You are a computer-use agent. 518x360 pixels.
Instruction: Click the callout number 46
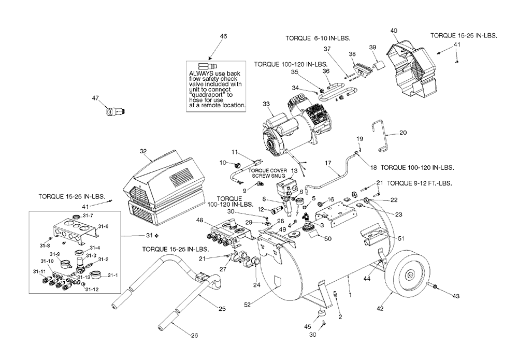224,36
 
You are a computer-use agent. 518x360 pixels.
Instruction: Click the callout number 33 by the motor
266,104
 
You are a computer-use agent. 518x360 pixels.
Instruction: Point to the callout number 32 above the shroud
143,151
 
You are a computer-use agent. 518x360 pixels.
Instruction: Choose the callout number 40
394,31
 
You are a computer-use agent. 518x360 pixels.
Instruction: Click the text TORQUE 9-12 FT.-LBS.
420,183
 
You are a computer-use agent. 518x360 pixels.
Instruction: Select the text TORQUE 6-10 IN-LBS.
318,38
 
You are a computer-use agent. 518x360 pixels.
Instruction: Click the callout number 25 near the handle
222,309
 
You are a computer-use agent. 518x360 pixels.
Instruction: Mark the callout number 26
195,336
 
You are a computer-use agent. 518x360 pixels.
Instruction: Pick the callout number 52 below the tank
248,305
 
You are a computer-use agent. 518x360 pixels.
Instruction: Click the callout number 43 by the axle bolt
455,296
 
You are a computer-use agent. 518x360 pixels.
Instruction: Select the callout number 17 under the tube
328,163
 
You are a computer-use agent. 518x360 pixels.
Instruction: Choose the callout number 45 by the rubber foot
308,327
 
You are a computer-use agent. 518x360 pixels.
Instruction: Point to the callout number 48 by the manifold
200,220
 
